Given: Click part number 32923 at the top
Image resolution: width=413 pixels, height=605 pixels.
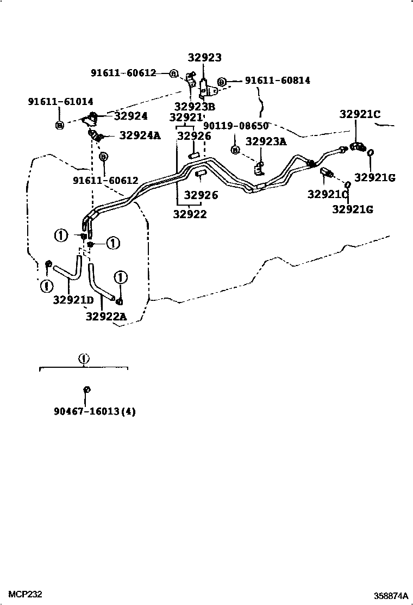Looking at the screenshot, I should [x=205, y=58].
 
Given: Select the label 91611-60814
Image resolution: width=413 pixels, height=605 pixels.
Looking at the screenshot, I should [x=277, y=81].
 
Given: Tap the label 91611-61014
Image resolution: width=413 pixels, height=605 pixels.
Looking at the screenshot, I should [x=60, y=101].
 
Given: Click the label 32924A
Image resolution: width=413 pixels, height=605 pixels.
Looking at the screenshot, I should [x=140, y=135].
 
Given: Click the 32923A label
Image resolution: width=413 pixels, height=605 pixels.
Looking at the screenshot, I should [x=266, y=141].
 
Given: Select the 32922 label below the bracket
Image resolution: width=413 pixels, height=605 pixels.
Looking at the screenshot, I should [x=190, y=214].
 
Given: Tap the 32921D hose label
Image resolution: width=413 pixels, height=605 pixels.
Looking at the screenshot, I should [x=73, y=300].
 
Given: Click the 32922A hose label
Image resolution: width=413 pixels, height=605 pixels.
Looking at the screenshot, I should [x=105, y=316].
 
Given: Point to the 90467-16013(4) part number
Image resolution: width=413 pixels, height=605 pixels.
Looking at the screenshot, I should [x=95, y=411].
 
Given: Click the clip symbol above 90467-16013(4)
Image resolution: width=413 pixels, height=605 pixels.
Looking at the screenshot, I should [x=86, y=390].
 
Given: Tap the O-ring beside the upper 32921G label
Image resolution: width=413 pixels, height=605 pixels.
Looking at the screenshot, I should [x=369, y=153].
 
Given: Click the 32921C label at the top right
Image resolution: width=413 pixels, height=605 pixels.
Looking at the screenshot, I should [x=360, y=114].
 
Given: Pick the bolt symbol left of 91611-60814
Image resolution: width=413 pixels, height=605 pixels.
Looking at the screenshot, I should [x=221, y=82].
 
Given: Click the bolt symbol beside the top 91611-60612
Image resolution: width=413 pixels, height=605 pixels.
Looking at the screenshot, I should [x=174, y=73].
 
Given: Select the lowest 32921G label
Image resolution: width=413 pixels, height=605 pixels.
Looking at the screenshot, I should [x=353, y=208].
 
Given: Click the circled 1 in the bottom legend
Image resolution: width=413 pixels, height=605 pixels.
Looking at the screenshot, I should [x=83, y=359].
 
